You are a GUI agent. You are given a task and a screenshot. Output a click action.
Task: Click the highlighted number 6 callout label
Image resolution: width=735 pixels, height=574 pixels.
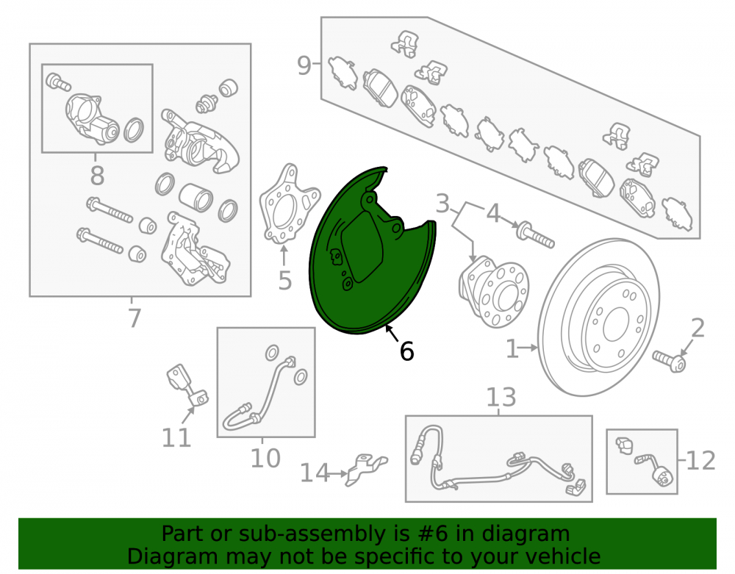406,351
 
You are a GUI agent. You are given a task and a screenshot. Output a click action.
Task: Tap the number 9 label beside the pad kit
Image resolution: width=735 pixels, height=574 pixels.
304,65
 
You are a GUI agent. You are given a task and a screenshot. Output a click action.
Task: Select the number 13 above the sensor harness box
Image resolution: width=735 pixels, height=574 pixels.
501,398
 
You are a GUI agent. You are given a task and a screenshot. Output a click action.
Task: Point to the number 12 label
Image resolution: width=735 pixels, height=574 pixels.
701,461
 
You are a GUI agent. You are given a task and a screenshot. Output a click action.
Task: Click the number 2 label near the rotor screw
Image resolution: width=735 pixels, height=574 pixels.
698,328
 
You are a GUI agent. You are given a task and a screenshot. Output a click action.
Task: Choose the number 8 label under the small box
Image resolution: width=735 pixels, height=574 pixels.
97,176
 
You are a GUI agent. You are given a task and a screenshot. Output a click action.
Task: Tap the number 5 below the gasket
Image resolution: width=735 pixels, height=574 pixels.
285,281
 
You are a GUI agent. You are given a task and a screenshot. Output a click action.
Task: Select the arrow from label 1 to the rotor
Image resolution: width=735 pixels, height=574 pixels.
528,348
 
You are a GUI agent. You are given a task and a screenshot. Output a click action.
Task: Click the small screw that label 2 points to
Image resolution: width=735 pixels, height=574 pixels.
669,362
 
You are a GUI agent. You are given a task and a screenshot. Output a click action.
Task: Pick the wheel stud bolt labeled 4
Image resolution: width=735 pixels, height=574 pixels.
535,236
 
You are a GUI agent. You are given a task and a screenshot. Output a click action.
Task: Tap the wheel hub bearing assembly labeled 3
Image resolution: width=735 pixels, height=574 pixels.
493,290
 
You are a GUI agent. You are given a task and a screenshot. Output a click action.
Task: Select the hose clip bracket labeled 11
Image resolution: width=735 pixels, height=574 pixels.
187,384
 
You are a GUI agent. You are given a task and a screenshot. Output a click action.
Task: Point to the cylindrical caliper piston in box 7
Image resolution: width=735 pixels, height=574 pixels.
196,196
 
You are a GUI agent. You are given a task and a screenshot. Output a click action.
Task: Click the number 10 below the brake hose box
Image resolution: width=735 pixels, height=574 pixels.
265,458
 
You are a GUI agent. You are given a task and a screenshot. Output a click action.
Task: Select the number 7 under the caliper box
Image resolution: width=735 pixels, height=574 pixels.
135,318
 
